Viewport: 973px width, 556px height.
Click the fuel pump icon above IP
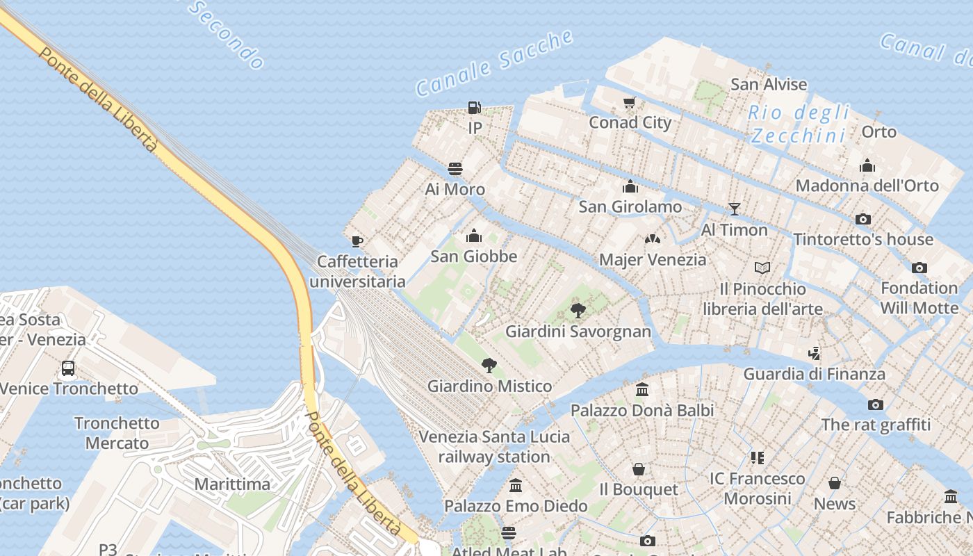click(x=475, y=107)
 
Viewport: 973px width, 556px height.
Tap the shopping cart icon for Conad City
click(x=630, y=102)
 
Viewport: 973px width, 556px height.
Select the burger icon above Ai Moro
click(x=455, y=168)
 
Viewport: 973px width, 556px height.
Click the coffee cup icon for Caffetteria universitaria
click(x=357, y=241)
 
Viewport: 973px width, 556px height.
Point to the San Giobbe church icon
click(x=474, y=236)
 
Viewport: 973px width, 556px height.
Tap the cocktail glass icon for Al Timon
click(x=734, y=208)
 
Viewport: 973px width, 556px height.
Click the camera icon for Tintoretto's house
click(x=863, y=219)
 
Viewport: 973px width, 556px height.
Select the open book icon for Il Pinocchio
click(x=762, y=268)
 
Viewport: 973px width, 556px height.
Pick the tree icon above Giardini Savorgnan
click(x=578, y=310)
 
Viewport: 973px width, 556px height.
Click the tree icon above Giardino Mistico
click(x=489, y=365)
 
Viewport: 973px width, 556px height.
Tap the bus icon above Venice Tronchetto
click(x=68, y=368)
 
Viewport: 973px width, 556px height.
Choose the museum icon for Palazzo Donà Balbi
click(x=642, y=390)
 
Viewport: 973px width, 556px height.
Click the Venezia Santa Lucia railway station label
click(x=494, y=447)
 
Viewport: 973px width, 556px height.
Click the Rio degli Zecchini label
click(x=799, y=123)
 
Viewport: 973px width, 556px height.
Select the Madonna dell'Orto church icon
click(x=867, y=165)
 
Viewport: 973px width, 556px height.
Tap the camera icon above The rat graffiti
click(x=876, y=404)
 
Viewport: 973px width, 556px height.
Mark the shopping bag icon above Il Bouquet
click(x=638, y=469)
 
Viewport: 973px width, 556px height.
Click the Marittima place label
click(x=232, y=484)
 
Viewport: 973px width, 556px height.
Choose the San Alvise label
click(x=769, y=84)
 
